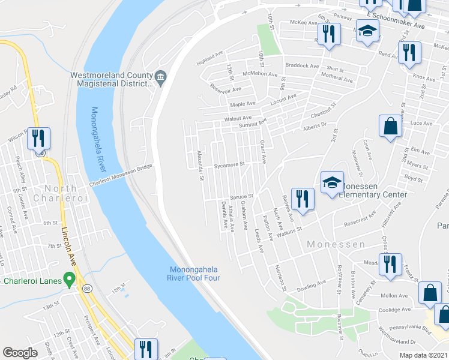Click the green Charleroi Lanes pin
(70, 278)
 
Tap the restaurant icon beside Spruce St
(302, 199)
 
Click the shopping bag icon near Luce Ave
(390, 127)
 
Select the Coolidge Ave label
(394, 310)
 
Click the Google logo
(20, 353)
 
